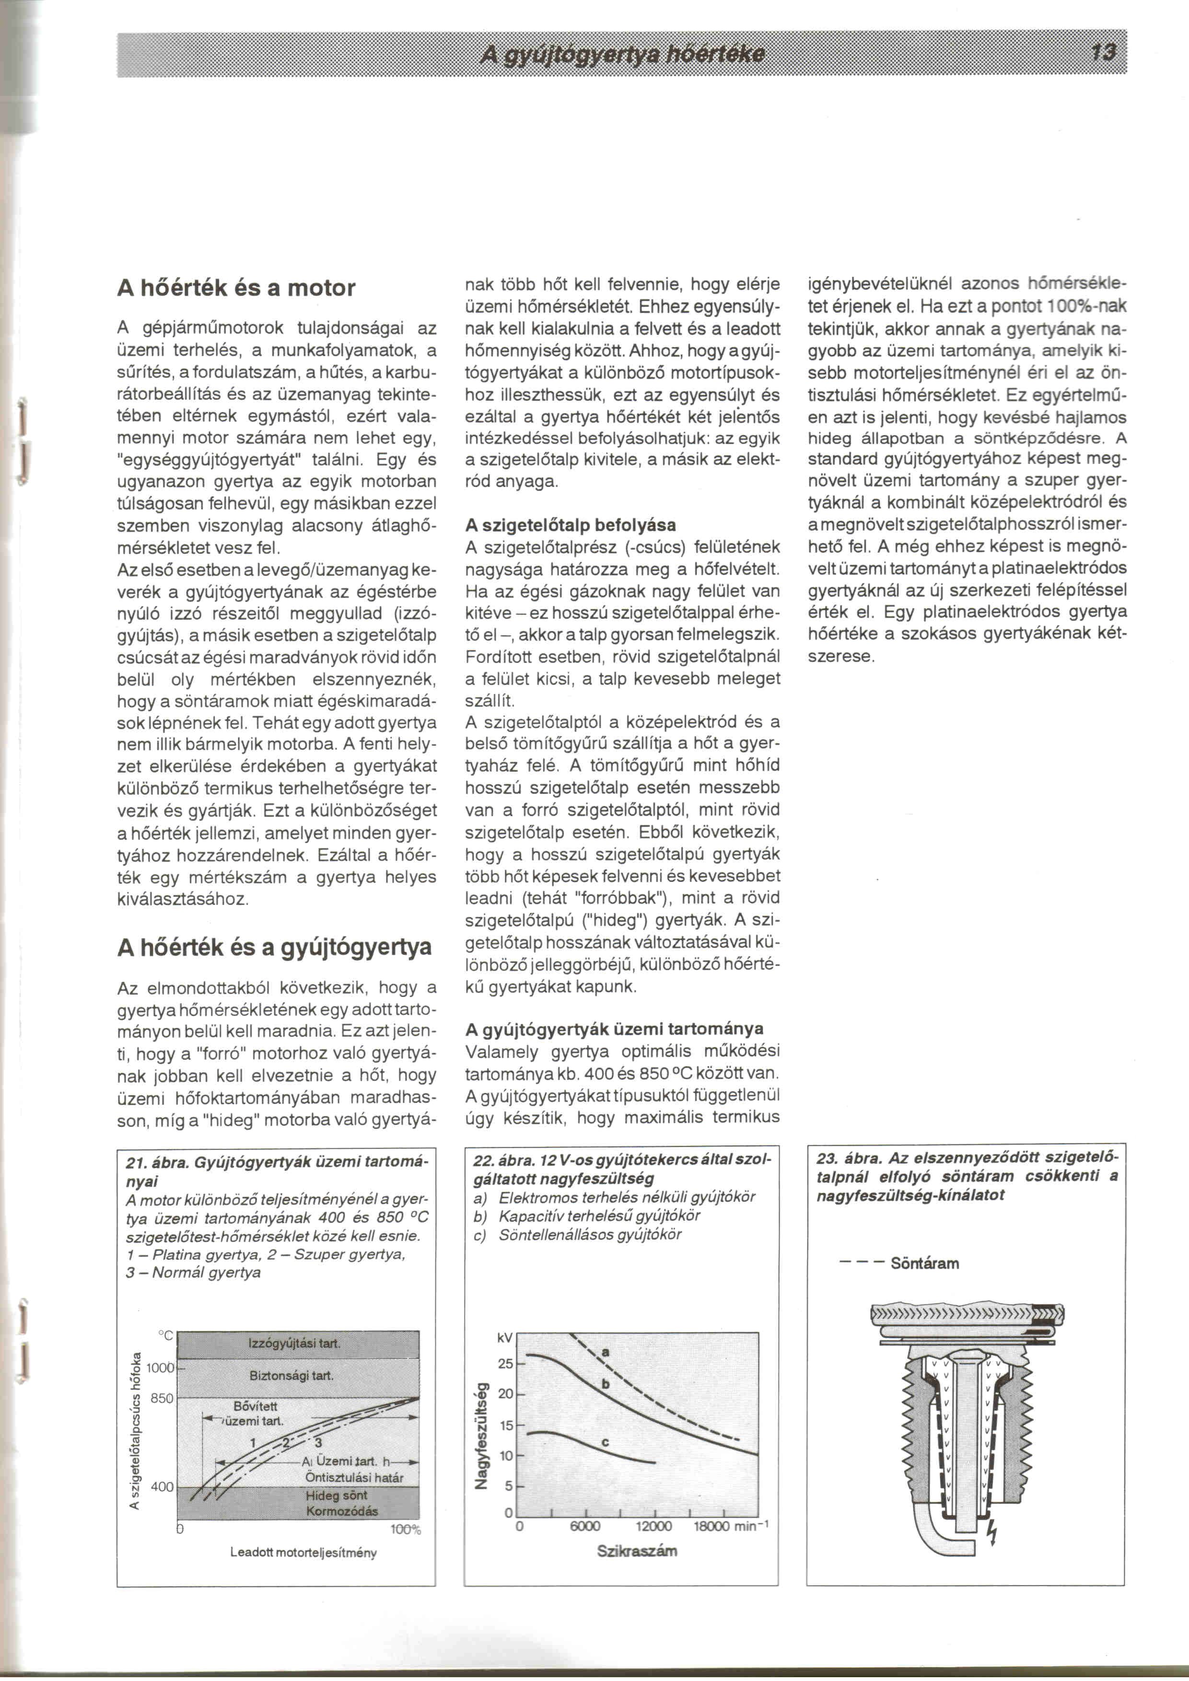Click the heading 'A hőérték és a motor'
click(x=236, y=288)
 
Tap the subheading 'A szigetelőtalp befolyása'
click(x=571, y=525)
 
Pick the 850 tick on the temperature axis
click(x=162, y=1398)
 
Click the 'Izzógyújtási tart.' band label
click(x=294, y=1344)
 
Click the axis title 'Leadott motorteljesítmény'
click(x=303, y=1552)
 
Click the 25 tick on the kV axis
click(x=505, y=1364)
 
